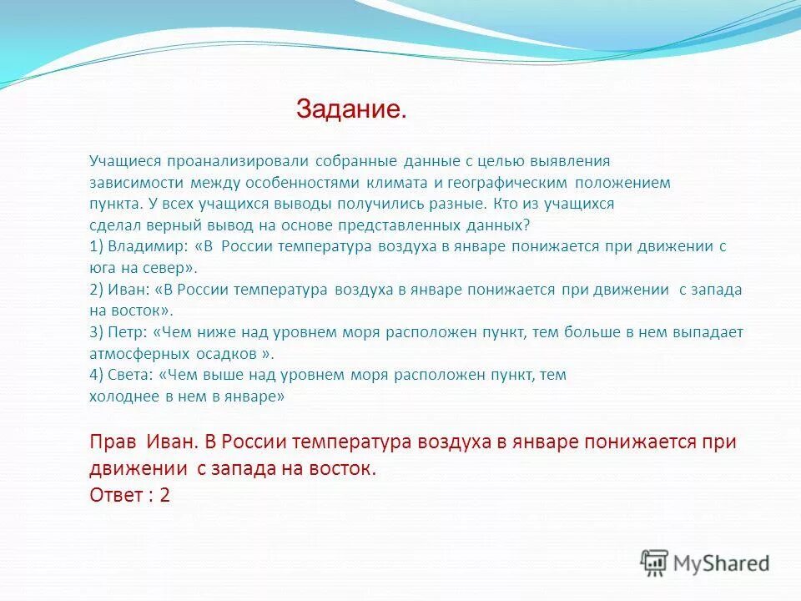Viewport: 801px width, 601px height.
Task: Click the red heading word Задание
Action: click(x=351, y=109)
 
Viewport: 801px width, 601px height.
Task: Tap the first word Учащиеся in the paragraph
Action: click(x=120, y=160)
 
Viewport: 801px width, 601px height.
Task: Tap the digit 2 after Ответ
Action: click(x=164, y=495)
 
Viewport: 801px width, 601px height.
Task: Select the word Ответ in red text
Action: click(x=116, y=495)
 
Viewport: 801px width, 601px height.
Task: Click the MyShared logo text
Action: click(x=721, y=563)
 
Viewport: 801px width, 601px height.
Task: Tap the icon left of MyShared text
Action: click(x=655, y=563)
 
